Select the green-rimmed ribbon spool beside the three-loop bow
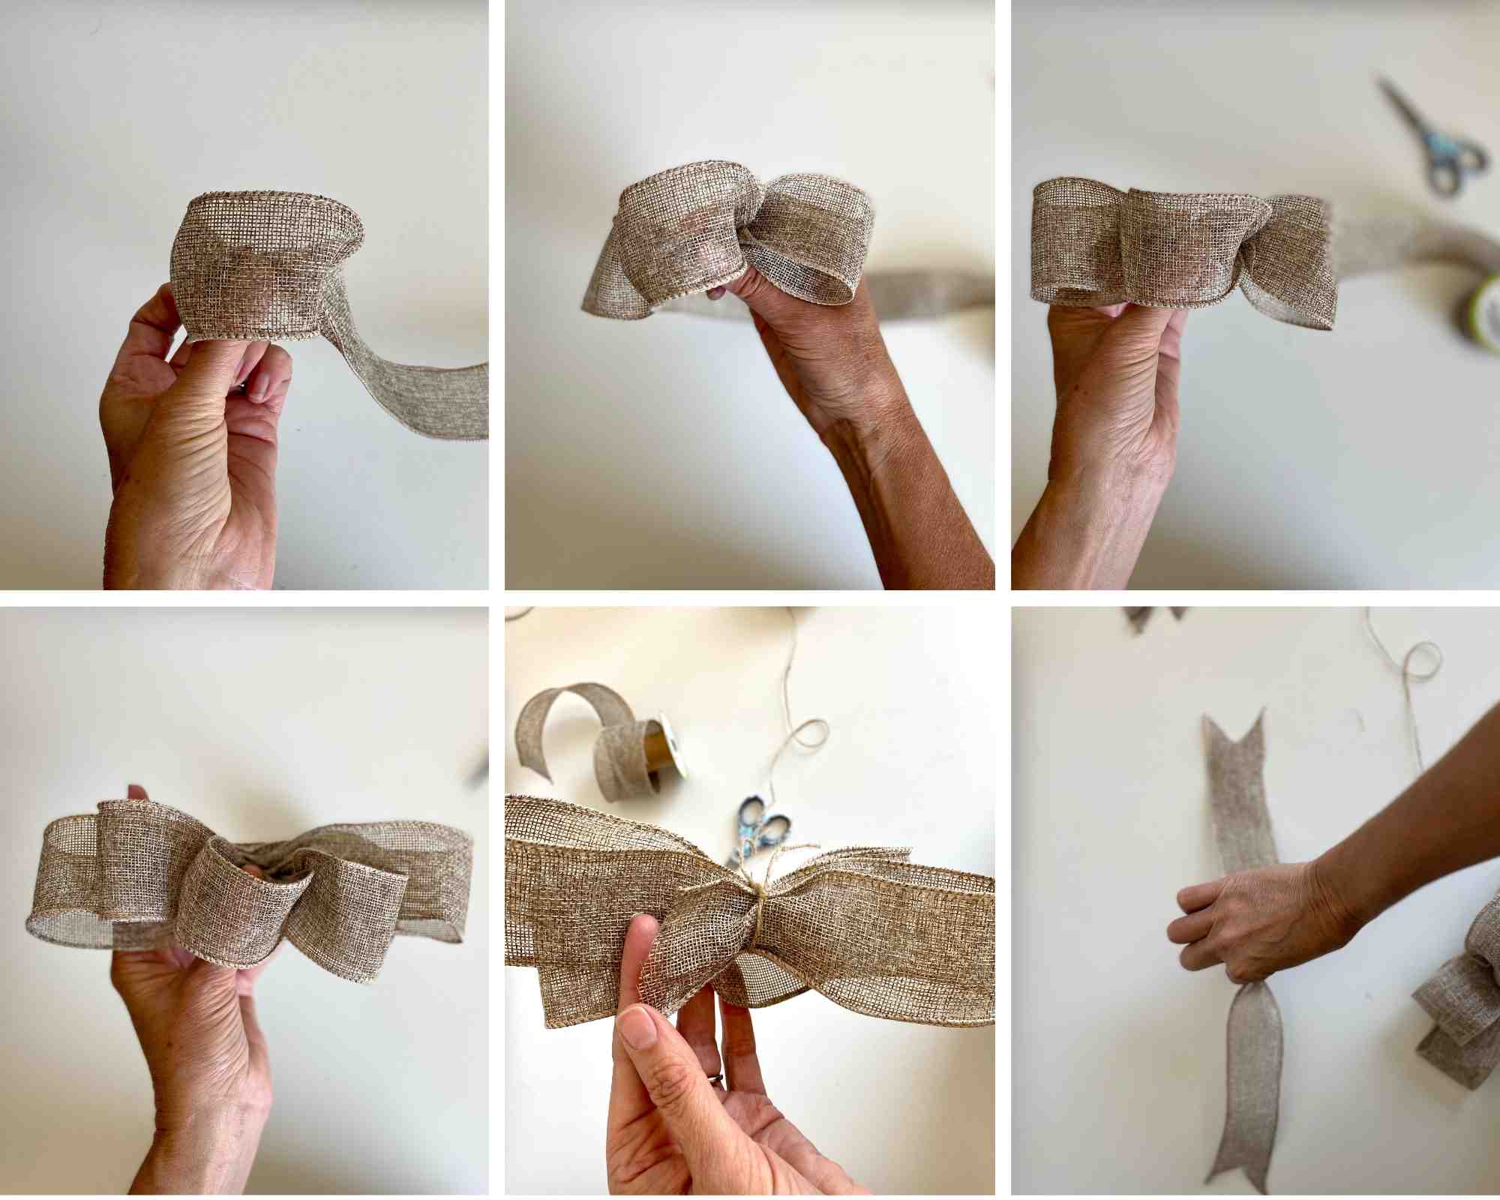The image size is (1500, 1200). [1481, 315]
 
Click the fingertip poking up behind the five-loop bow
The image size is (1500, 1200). [137, 793]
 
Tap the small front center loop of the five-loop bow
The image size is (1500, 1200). [244, 900]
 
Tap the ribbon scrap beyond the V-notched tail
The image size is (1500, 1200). [1155, 619]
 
